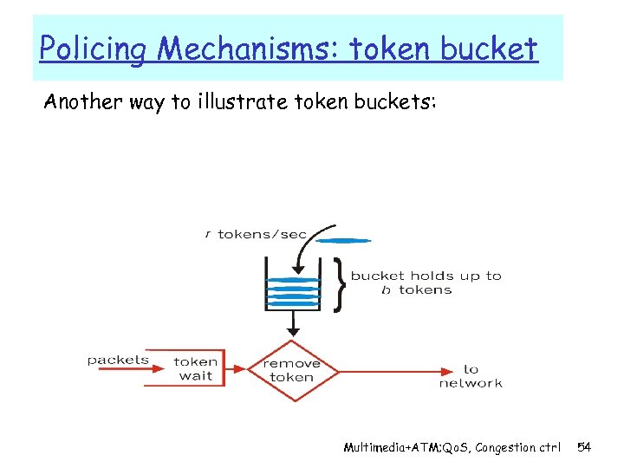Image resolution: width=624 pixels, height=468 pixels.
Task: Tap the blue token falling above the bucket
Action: tap(345, 240)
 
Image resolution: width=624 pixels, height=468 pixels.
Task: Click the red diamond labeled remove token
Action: tap(291, 370)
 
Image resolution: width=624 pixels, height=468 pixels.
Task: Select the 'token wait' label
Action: tap(196, 369)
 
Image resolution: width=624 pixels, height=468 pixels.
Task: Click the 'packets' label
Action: tap(118, 360)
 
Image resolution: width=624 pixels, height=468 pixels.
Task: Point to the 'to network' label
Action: tap(471, 376)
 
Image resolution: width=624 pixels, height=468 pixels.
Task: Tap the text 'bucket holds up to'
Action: tap(426, 276)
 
